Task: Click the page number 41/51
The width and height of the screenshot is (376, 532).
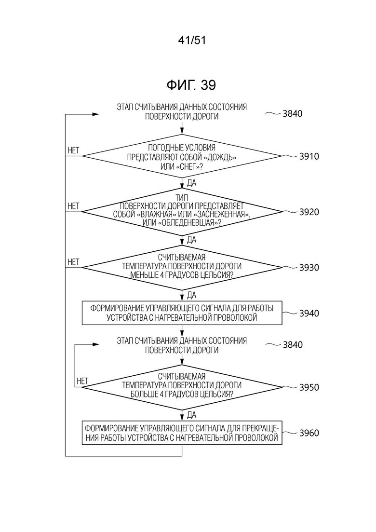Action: tap(192, 41)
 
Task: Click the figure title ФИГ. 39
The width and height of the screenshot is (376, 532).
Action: tap(191, 85)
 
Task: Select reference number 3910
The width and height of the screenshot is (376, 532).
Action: tap(309, 156)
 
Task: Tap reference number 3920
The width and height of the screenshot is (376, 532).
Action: tap(309, 212)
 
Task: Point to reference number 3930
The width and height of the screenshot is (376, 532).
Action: tap(309, 268)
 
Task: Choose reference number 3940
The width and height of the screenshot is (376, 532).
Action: tap(309, 313)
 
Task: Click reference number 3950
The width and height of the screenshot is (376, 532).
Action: tap(309, 387)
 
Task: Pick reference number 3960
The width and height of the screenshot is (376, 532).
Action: tap(309, 433)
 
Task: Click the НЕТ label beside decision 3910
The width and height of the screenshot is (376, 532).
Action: tap(73, 150)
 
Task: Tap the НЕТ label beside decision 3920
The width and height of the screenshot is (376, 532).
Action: tap(73, 206)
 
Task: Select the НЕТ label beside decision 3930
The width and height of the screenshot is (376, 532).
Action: tap(73, 262)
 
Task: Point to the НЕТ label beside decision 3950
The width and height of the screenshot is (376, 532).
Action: tap(82, 381)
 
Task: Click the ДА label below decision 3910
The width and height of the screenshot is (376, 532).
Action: tap(191, 183)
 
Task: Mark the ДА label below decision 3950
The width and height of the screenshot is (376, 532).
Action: tap(191, 415)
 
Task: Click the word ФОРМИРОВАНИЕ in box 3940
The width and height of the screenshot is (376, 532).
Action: tap(117, 308)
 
